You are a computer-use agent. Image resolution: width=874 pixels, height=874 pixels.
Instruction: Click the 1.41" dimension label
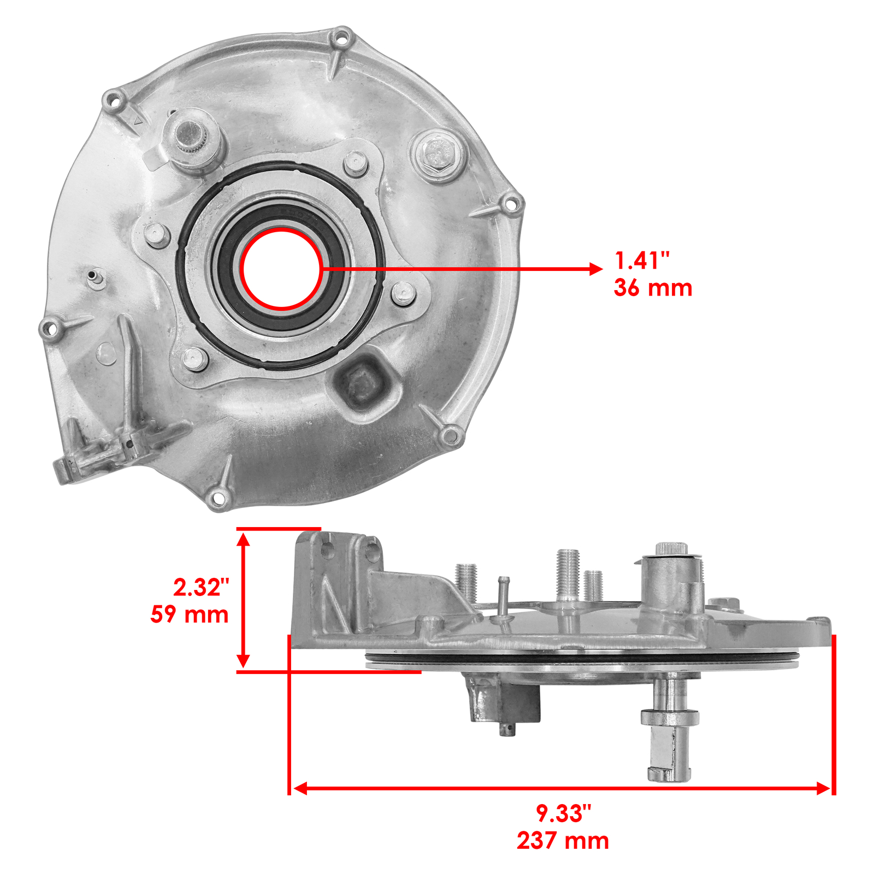[642, 261]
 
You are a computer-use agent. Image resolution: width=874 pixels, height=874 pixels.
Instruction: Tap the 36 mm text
[653, 288]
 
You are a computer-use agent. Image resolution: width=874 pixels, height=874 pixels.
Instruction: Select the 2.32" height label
[201, 587]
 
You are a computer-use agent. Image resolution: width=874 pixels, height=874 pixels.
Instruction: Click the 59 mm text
[190, 615]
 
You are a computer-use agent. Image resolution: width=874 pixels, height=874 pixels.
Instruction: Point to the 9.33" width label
[563, 813]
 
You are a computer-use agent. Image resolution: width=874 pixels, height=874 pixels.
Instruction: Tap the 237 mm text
[563, 841]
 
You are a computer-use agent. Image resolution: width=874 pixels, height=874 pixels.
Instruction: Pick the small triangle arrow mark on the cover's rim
[138, 121]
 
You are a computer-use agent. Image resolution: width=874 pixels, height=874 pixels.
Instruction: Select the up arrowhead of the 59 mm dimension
[244, 539]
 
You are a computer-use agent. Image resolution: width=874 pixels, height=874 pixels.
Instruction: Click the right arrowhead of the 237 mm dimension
[824, 788]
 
